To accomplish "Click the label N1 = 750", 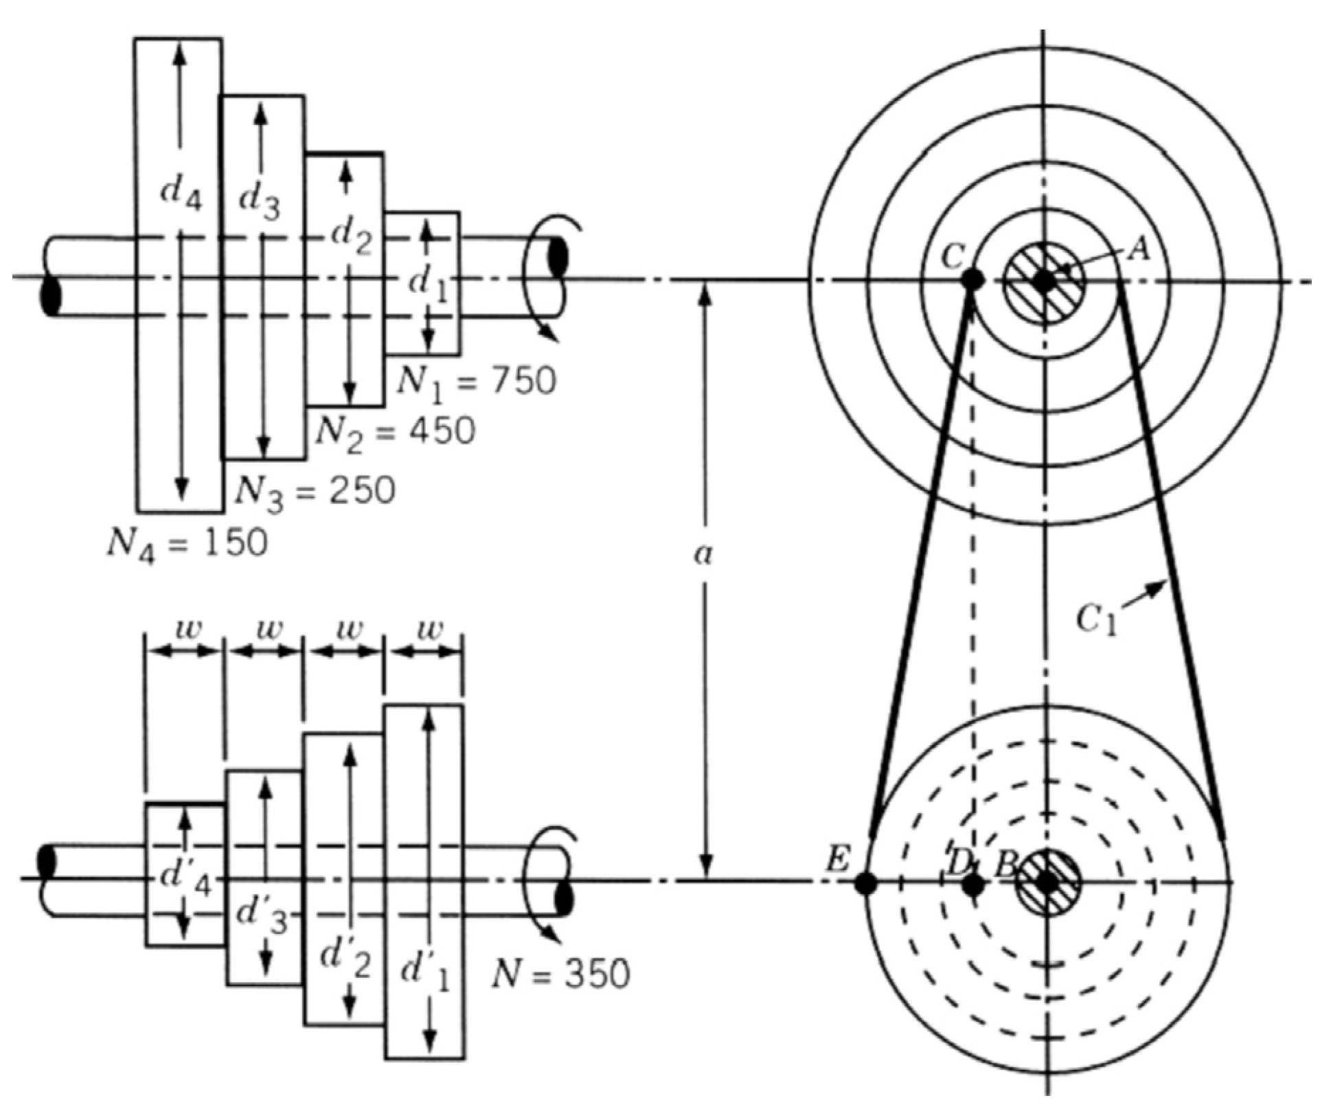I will coord(476,381).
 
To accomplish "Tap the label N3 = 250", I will coord(315,490).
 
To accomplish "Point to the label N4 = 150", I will coord(187,545).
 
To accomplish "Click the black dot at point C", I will coord(971,279).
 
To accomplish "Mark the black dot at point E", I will coord(865,884).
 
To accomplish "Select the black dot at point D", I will coord(972,885).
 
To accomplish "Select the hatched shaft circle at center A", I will coord(1044,280).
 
